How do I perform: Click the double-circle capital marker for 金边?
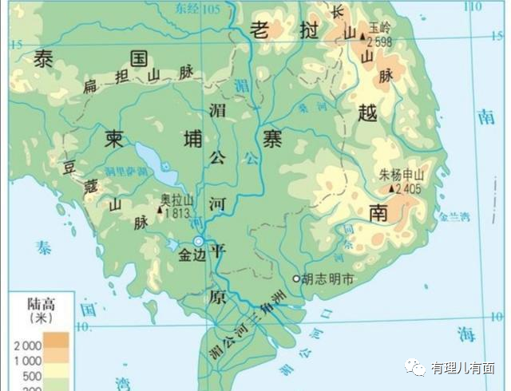[199, 241]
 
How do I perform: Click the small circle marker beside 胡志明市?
[296, 279]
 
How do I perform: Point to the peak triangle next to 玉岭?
[362, 36]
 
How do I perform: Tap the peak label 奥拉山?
[177, 199]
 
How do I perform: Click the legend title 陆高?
[40, 303]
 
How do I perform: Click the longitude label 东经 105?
[200, 9]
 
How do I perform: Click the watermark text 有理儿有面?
[462, 368]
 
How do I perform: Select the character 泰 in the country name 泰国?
[42, 57]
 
